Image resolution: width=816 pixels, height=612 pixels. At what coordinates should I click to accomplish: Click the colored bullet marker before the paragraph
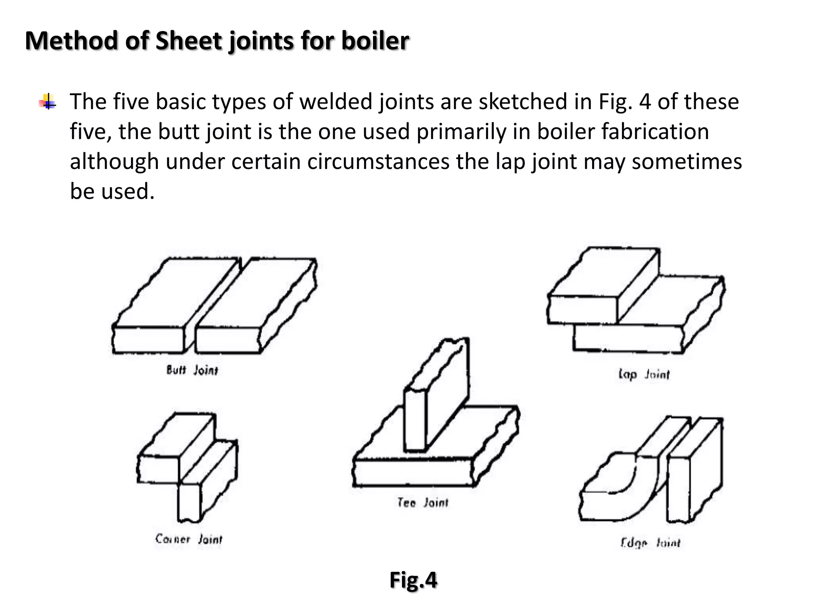tap(48, 102)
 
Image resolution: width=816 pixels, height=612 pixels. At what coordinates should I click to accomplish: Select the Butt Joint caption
tap(192, 371)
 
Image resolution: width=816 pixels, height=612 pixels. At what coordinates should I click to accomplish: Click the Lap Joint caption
tap(644, 375)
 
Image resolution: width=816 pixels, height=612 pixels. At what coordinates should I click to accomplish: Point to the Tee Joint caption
tap(422, 502)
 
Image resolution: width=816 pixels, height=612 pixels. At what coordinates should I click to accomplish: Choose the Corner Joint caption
tap(188, 539)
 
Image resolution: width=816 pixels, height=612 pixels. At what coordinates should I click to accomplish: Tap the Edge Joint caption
tap(650, 543)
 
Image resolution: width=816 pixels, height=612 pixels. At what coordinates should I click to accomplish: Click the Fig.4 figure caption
tap(413, 580)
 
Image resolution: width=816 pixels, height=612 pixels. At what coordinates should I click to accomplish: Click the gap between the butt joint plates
tap(217, 303)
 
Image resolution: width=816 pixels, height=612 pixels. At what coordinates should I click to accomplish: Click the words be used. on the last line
tap(112, 191)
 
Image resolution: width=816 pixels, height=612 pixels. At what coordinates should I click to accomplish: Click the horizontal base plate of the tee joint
tap(414, 472)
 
